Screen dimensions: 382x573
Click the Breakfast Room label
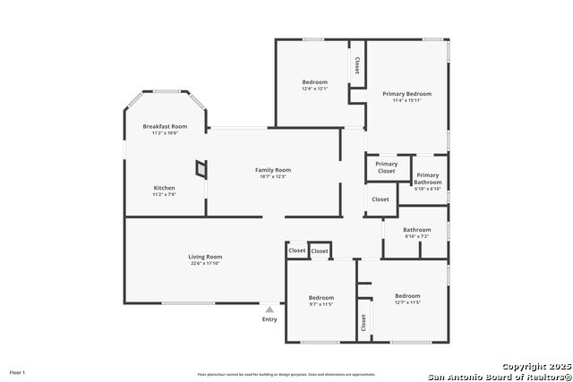tap(165, 127)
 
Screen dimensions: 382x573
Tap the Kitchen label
tap(165, 188)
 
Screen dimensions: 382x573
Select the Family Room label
tap(273, 170)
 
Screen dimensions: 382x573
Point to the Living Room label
tap(205, 257)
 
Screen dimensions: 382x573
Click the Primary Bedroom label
tap(407, 94)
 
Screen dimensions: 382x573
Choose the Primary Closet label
tap(387, 167)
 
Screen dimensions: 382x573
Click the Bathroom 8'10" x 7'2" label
tap(417, 230)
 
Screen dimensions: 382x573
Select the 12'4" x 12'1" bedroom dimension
tap(315, 89)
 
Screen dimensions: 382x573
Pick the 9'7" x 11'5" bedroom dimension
tap(321, 304)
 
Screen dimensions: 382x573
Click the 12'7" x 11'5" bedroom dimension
tap(407, 302)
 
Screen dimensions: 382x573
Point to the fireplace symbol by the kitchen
tap(201, 167)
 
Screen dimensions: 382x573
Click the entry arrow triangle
tap(269, 310)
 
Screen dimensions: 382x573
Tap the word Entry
tap(269, 319)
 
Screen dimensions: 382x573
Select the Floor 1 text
tap(17, 371)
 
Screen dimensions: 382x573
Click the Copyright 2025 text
tap(535, 367)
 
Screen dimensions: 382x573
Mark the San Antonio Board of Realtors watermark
tap(499, 376)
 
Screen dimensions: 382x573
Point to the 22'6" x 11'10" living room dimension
tap(205, 264)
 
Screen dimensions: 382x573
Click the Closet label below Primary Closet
tap(381, 199)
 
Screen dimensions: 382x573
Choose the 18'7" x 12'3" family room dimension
tap(273, 176)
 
